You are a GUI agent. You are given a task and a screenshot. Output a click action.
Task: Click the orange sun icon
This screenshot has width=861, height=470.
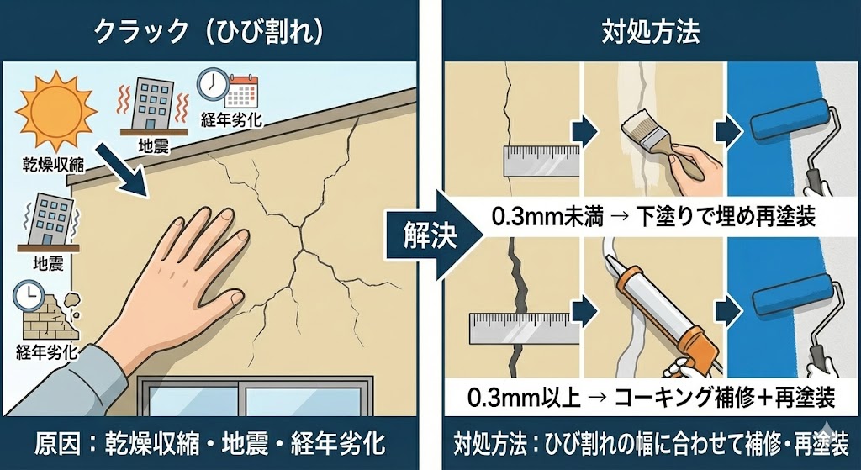pyautogui.click(x=56, y=112)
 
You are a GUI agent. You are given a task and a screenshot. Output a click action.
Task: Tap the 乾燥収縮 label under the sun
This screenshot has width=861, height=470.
pyautogui.click(x=54, y=164)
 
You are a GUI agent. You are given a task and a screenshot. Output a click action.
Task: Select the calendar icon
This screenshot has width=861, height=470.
pyautogui.click(x=241, y=91)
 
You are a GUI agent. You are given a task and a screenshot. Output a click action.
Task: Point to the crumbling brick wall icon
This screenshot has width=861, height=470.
pyautogui.click(x=50, y=314)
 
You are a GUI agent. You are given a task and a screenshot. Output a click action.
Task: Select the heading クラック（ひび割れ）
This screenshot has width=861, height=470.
pyautogui.click(x=209, y=32)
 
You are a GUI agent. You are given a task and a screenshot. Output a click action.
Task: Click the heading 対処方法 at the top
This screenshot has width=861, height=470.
pyautogui.click(x=651, y=33)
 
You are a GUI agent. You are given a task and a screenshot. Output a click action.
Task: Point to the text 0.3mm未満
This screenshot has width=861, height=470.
pyautogui.click(x=547, y=218)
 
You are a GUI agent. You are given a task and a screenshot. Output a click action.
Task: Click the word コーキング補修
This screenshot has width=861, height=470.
pyautogui.click(x=689, y=396)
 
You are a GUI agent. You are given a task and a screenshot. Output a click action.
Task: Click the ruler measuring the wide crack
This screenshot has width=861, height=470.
pyautogui.click(x=525, y=329)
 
